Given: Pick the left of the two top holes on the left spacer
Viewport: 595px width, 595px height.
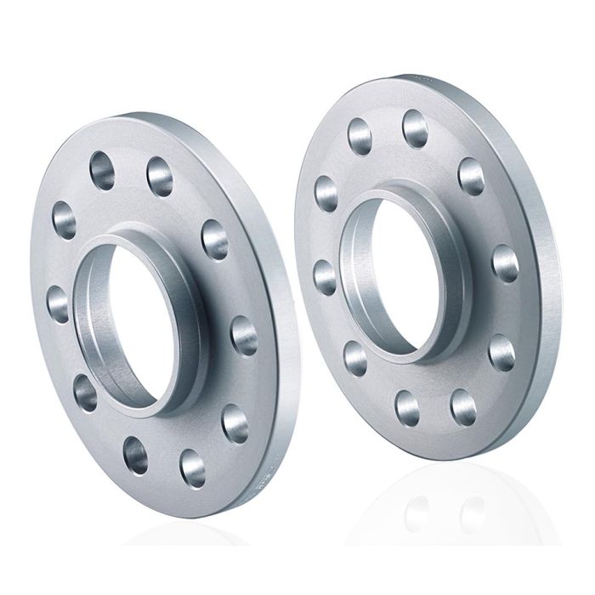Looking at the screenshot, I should [x=102, y=166].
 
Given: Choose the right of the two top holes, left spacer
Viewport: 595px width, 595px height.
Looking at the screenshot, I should [x=160, y=176].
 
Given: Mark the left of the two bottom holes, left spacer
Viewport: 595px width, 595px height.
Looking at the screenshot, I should [x=135, y=454].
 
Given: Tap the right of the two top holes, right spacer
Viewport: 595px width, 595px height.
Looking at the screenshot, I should [x=416, y=127].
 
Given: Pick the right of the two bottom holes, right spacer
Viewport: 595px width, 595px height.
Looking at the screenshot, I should [x=463, y=406].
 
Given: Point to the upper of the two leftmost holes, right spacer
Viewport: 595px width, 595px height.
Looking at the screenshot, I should [x=326, y=193].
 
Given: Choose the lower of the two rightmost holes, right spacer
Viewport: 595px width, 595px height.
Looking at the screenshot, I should [x=501, y=352].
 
